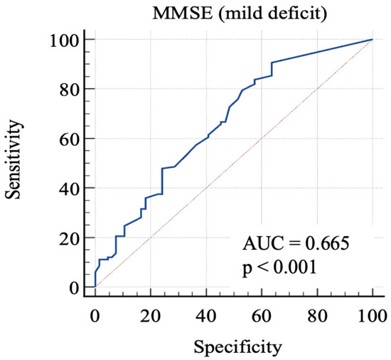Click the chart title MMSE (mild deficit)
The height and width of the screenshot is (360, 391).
coord(234,12)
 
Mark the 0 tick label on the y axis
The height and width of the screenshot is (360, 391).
coord(73,287)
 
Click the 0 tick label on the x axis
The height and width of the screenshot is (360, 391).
coord(95,314)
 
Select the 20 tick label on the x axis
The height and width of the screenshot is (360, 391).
coord(150,314)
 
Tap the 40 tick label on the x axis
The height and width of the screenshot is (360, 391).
coord(205,314)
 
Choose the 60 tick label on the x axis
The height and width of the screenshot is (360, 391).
coord(261,314)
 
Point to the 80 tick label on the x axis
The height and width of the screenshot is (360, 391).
coord(316,314)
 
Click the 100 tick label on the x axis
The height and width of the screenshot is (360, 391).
coord(372,314)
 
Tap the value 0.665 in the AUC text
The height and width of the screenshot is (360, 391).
coord(328,244)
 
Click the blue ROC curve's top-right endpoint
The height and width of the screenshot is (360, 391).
coord(372,40)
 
